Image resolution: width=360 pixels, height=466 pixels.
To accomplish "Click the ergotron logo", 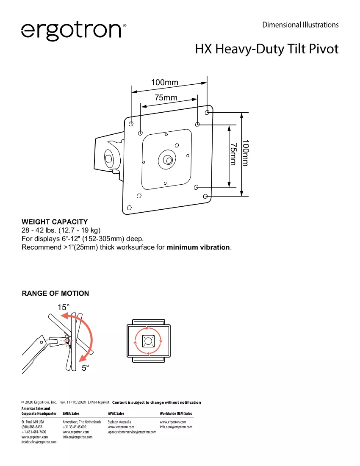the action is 74,31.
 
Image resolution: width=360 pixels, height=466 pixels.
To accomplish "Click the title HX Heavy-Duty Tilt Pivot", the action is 267,49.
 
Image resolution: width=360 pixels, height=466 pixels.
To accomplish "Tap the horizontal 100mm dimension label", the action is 165,82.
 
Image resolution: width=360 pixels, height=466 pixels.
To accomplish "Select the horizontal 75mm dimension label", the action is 166,97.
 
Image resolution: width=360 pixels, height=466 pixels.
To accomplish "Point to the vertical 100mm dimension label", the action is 245,153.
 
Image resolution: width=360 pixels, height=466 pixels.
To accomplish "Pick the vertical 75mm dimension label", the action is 234,154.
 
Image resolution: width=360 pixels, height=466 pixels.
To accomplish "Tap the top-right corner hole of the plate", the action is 207,112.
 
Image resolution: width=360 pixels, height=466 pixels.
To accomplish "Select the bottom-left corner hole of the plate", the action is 129,208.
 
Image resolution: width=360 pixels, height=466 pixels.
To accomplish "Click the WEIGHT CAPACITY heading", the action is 55,222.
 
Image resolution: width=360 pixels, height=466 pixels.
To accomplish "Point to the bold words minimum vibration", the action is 198,247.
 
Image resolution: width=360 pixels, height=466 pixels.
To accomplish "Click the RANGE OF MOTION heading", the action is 55,293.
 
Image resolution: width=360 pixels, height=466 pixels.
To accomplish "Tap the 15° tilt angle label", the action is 64,307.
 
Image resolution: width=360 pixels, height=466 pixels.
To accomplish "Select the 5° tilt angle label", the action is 85,368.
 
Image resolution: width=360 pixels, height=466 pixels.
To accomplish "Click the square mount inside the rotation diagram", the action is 148,341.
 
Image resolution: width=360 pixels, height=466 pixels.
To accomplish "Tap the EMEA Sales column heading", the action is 71,413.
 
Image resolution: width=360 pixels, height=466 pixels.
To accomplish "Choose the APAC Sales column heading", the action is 116,413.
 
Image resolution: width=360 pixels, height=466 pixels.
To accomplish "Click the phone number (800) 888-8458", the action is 32,427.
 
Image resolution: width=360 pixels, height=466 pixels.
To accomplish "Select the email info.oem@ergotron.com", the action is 176,427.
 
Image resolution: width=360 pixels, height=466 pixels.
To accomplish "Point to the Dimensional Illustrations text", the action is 300,25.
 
